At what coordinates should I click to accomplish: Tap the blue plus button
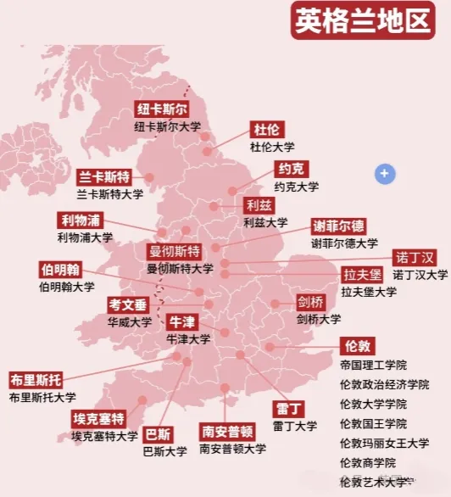pos(385,174)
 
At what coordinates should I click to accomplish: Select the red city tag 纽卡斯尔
pos(161,109)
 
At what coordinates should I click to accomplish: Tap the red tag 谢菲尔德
pos(338,226)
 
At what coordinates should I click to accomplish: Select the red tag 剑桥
pos(310,302)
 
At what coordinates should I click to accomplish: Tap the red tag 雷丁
pos(289,408)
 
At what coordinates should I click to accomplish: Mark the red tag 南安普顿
pos(227,431)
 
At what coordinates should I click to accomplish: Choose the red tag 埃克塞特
pos(98,419)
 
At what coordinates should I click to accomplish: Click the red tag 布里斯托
pos(36,378)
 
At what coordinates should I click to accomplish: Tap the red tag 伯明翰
pos(60,270)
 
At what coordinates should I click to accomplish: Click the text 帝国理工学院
pos(373,366)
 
